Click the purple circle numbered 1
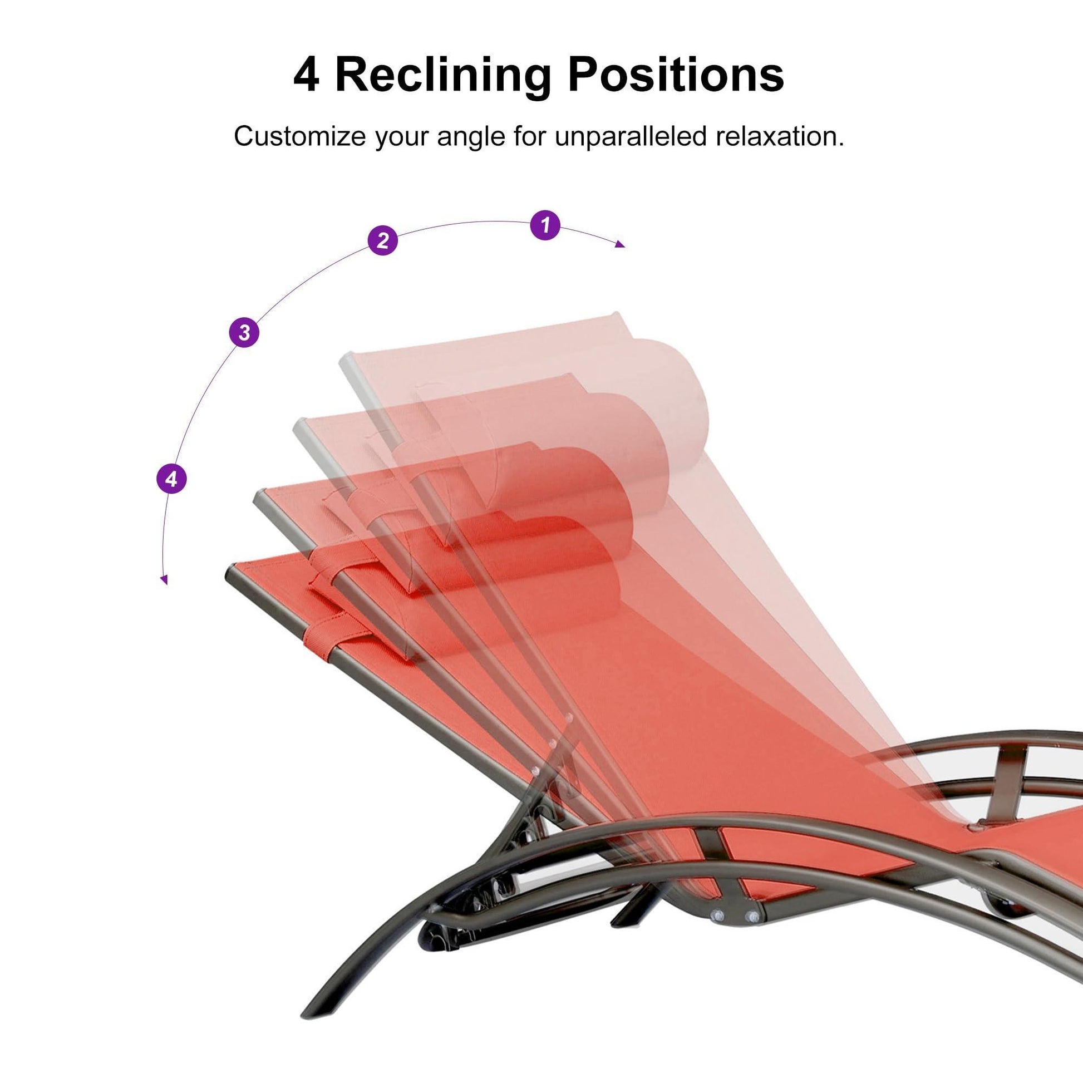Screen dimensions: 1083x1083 click(x=544, y=225)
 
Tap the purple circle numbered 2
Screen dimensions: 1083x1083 click(x=382, y=240)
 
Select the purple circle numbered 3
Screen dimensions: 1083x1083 click(x=244, y=332)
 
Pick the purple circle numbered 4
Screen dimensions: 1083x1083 click(x=171, y=479)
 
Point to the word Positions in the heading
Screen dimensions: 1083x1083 click(x=676, y=74)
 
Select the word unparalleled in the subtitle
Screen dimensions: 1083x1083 click(x=629, y=137)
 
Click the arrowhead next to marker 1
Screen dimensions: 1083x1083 click(x=621, y=243)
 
